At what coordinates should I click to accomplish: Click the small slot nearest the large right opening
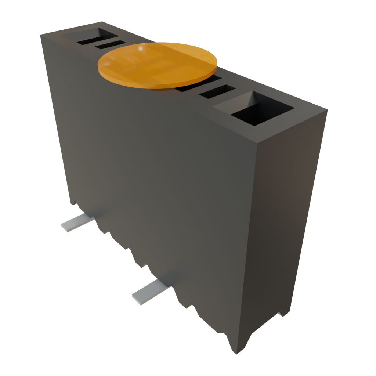coord(217,92)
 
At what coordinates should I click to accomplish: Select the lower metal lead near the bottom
coord(151,292)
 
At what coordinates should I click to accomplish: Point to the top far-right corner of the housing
coord(326,109)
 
